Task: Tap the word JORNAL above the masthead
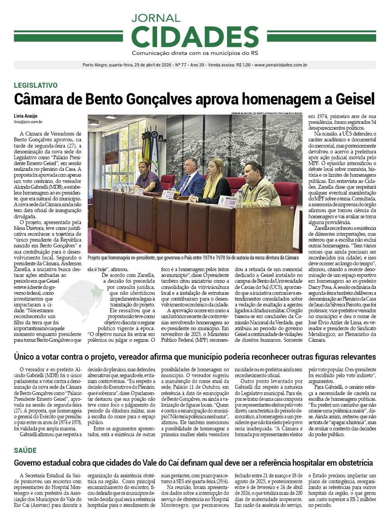pyautogui.click(x=156, y=18)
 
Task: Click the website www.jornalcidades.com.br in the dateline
pyautogui.click(x=281, y=65)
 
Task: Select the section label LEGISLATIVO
pyautogui.click(x=36, y=85)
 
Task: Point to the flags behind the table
pyautogui.click(x=150, y=148)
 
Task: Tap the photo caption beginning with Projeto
pyautogui.click(x=193, y=258)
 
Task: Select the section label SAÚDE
pyautogui.click(x=25, y=451)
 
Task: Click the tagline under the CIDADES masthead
pyautogui.click(x=195, y=53)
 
